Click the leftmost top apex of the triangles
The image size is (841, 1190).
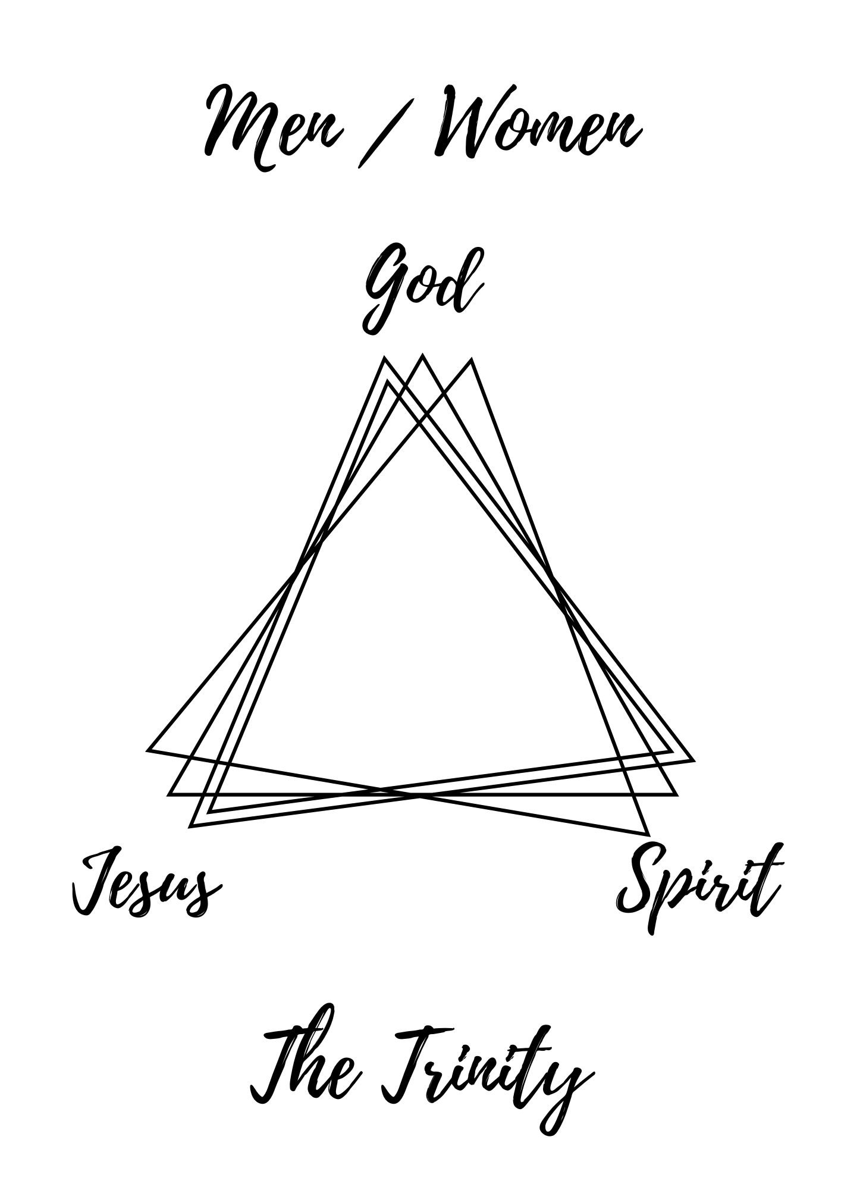tap(384, 358)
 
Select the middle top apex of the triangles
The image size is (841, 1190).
tap(422, 355)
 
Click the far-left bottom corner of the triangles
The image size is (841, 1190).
tap(148, 750)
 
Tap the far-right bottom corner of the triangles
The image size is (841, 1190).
tap(693, 760)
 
